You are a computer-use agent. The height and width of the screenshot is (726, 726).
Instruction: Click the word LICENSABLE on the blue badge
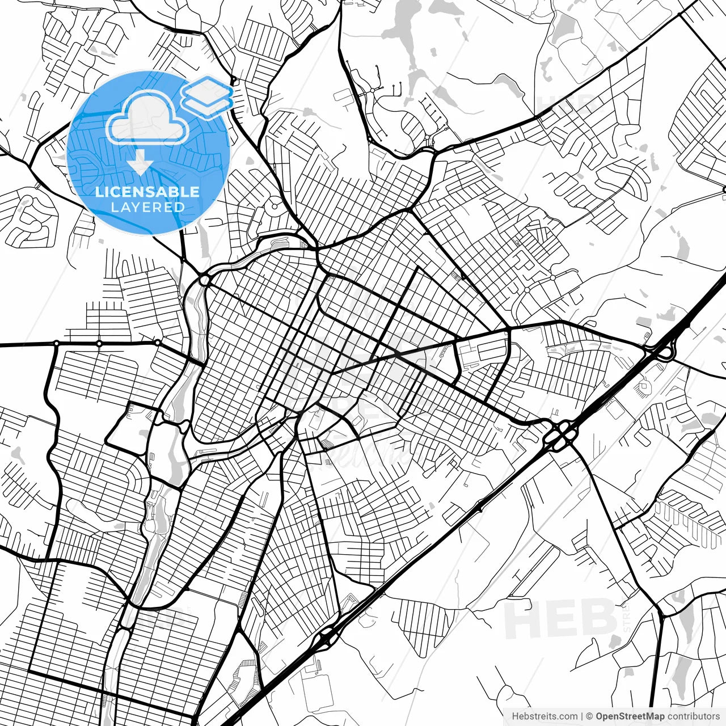tap(147, 191)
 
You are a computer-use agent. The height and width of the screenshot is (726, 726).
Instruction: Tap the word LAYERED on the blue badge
tap(147, 207)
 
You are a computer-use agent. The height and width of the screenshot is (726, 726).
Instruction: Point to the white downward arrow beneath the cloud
tap(140, 164)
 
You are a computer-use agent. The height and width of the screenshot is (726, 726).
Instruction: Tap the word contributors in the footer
tap(692, 716)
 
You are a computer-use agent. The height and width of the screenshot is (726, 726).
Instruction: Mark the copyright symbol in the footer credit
tap(589, 716)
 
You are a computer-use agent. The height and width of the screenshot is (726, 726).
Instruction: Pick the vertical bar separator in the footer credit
tap(582, 716)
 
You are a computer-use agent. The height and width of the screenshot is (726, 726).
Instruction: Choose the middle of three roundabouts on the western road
tap(99, 343)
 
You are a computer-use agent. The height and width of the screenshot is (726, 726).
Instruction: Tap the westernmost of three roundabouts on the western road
tap(56, 343)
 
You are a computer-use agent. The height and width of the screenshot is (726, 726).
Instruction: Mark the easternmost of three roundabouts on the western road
tap(157, 343)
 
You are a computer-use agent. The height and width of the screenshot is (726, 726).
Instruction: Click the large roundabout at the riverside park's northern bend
tap(204, 280)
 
